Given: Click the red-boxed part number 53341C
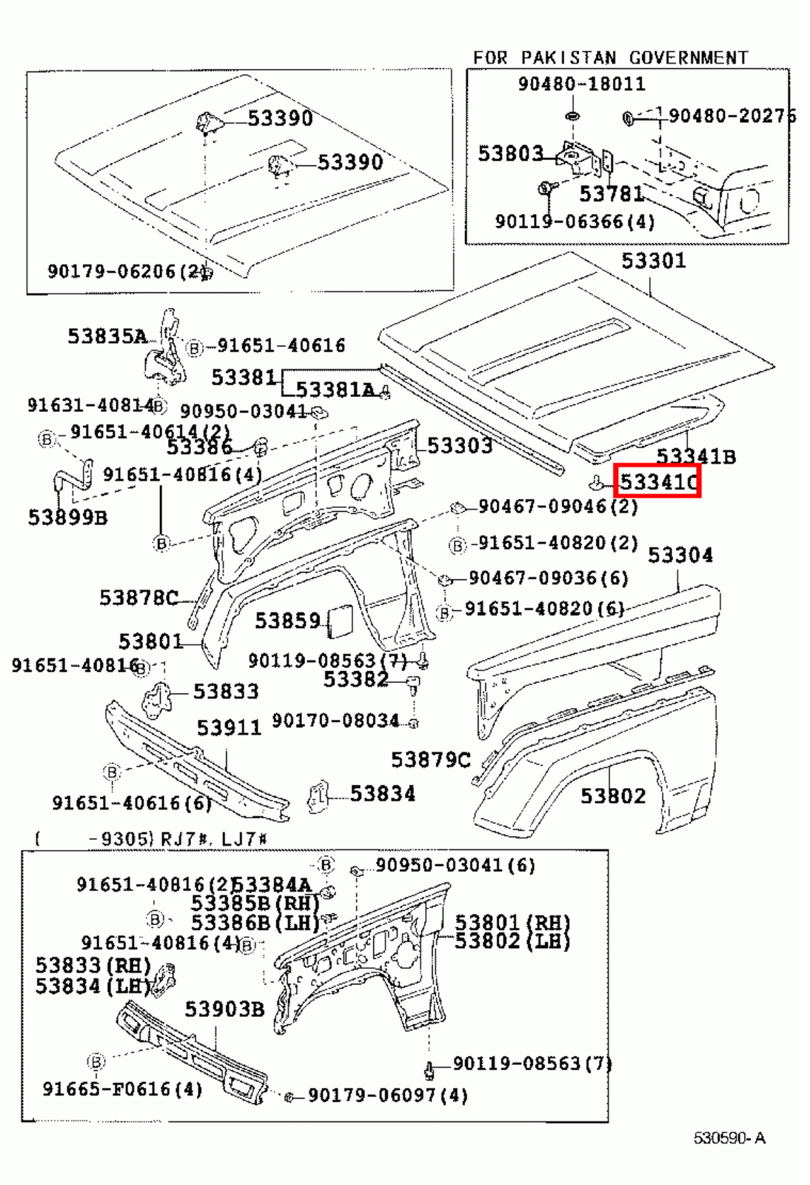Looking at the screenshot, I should pyautogui.click(x=657, y=483).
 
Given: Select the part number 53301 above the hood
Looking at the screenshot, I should pyautogui.click(x=653, y=261).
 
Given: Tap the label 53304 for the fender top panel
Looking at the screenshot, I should pyautogui.click(x=680, y=555).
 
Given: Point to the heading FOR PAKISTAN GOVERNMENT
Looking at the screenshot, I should pyautogui.click(x=610, y=58).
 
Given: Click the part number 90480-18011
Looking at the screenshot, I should pyautogui.click(x=581, y=84).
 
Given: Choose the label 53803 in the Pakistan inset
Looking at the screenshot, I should pyautogui.click(x=510, y=153).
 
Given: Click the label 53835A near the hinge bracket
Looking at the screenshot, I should pyautogui.click(x=107, y=336).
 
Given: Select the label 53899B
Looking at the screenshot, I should pyautogui.click(x=67, y=517).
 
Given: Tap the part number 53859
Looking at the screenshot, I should pyautogui.click(x=287, y=621).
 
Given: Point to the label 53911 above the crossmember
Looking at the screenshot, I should pyautogui.click(x=229, y=728).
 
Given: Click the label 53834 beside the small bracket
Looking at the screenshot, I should pyautogui.click(x=382, y=794).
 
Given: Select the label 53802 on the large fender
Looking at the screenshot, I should pyautogui.click(x=613, y=796).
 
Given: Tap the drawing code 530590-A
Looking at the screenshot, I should pyautogui.click(x=729, y=1138).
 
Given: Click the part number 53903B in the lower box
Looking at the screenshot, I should pyautogui.click(x=224, y=1009).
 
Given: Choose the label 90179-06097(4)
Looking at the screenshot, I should pyautogui.click(x=387, y=1095).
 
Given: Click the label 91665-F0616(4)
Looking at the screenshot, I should pyautogui.click(x=122, y=1089).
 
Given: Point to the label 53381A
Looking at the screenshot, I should pyautogui.click(x=335, y=390).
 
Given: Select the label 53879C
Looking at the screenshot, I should pyautogui.click(x=430, y=760).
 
